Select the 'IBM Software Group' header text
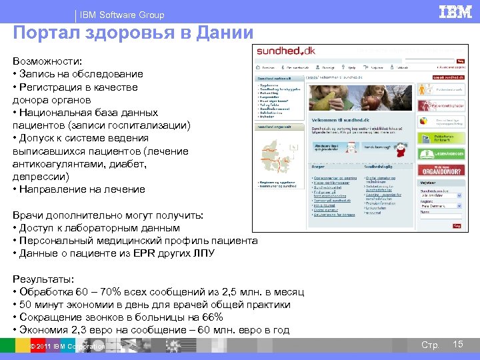click(121, 15)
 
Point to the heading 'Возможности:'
click(45, 61)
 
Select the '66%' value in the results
click(210, 317)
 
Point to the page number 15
click(457, 344)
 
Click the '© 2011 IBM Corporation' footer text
click(67, 346)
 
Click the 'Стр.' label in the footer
click(430, 345)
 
